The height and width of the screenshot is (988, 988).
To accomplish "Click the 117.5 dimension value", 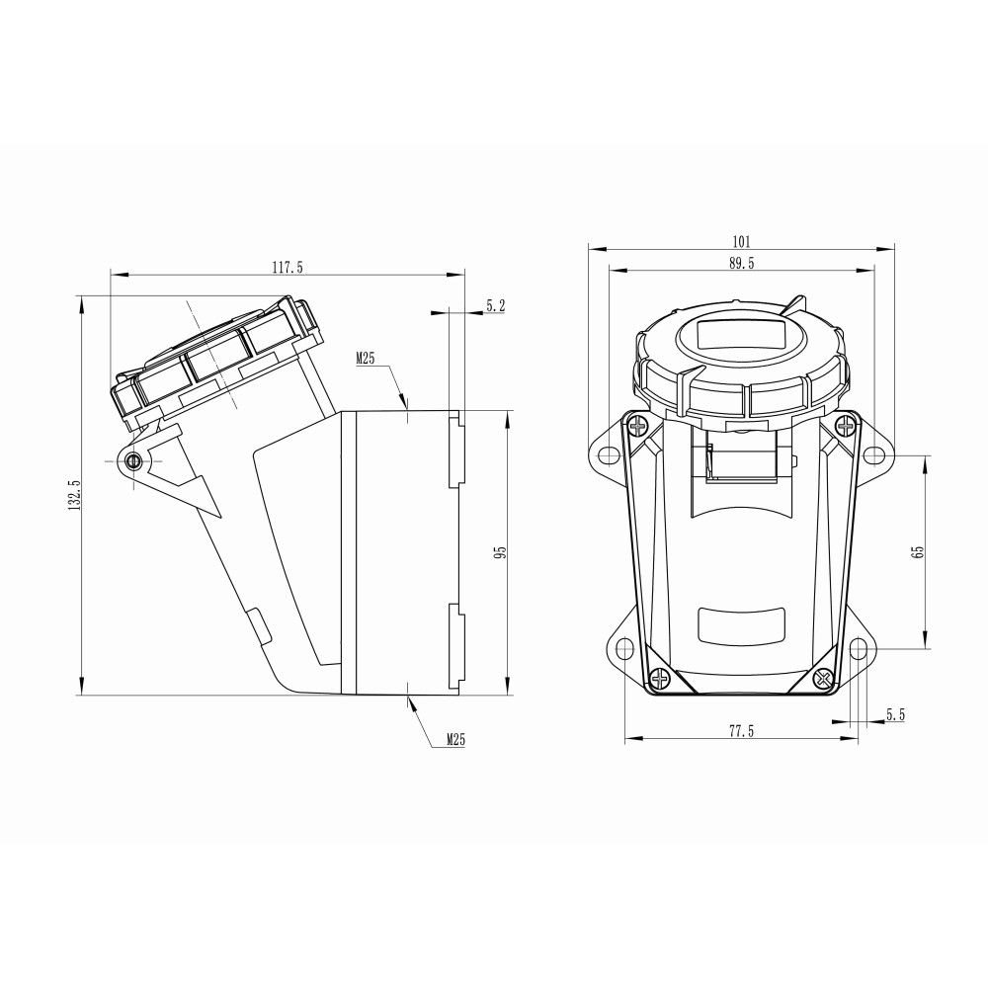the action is pyautogui.click(x=288, y=267).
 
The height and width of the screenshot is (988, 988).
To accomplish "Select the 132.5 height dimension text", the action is pyautogui.click(x=74, y=495).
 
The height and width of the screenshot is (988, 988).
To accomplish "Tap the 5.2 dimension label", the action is pyautogui.click(x=496, y=306).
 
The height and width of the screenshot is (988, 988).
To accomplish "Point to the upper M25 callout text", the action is pyautogui.click(x=365, y=359).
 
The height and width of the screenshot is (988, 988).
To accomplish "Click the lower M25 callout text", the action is pyautogui.click(x=455, y=739).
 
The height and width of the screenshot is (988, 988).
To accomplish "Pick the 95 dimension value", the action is pyautogui.click(x=500, y=552).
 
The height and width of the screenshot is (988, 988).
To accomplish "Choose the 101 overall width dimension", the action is pyautogui.click(x=742, y=241).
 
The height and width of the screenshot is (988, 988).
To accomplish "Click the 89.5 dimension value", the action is pyautogui.click(x=742, y=264).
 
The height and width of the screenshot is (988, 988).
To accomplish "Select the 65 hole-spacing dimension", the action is pyautogui.click(x=918, y=551).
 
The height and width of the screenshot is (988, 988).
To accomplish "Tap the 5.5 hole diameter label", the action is pyautogui.click(x=895, y=714).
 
